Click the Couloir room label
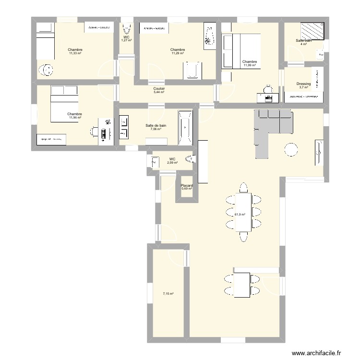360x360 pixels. (159, 89)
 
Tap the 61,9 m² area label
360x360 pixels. (240, 215)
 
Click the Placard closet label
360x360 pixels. (187, 185)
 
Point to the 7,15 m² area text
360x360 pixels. (168, 294)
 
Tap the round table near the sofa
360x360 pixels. (292, 150)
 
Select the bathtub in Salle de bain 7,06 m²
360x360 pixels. (185, 128)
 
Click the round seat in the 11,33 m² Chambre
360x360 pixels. (47, 71)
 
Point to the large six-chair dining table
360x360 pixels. (243, 211)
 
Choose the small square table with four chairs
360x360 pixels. (242, 284)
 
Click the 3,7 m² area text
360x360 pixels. (304, 87)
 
